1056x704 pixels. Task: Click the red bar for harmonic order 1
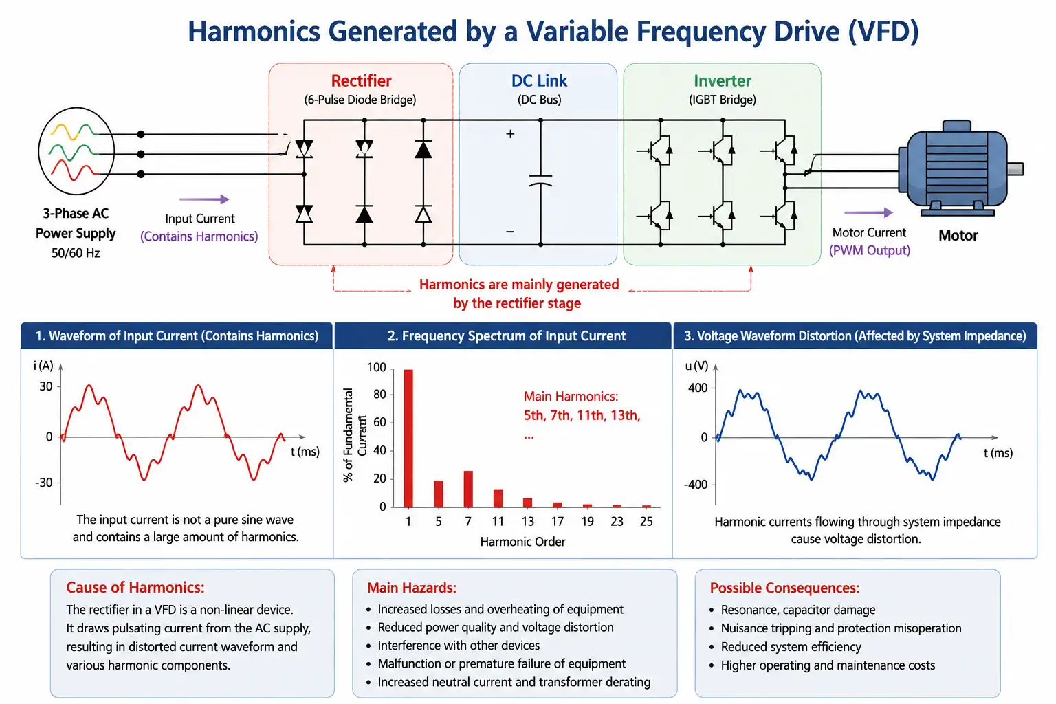(408, 439)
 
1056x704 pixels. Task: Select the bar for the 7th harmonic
(468, 489)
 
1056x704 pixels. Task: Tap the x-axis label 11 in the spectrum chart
(498, 522)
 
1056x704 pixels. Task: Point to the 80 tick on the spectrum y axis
(379, 394)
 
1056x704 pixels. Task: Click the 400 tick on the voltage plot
(698, 388)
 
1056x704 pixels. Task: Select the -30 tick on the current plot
(44, 483)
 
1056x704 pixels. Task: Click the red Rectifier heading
(361, 80)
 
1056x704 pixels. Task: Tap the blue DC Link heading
(539, 80)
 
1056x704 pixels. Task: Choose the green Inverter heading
(723, 80)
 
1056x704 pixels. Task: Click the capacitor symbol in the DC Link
(541, 181)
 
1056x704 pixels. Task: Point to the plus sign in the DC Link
(510, 134)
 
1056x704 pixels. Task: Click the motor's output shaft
(1015, 169)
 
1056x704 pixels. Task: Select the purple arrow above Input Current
(204, 199)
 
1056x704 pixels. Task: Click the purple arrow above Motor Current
(868, 212)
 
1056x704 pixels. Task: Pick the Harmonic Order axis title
(522, 542)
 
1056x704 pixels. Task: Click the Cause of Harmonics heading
(135, 588)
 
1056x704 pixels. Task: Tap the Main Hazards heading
(412, 588)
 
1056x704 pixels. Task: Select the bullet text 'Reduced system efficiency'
(791, 647)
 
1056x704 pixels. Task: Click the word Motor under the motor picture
(958, 235)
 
